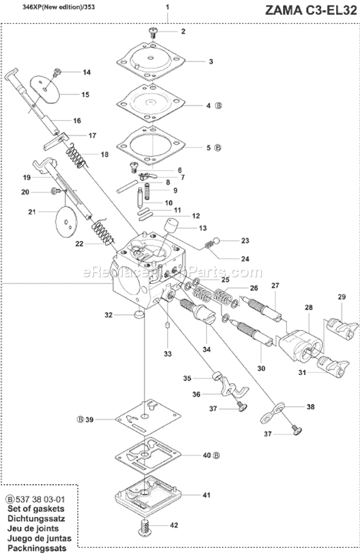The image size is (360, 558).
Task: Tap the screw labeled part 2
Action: coord(154,32)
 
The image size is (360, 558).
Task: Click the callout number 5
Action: coord(208,147)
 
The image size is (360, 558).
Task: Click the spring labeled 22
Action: coord(104,231)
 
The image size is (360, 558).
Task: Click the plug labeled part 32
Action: coord(138,315)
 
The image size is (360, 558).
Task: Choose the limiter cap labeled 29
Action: coord(343,328)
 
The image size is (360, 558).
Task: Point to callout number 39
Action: coord(89,420)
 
